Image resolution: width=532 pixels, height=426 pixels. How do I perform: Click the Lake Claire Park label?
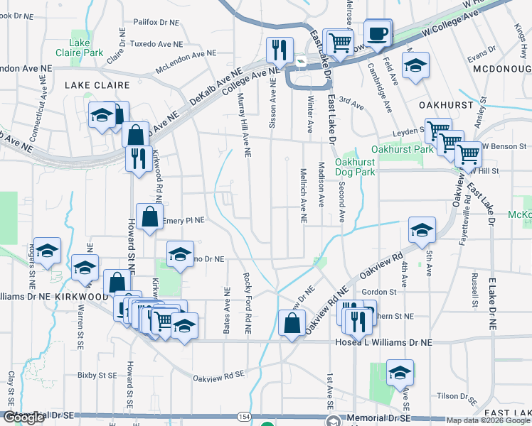click(80, 47)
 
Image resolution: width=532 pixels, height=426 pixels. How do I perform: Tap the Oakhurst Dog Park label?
click(354, 166)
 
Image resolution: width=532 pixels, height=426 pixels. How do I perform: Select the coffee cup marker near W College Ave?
click(378, 32)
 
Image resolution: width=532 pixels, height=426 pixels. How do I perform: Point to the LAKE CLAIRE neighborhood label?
click(97, 85)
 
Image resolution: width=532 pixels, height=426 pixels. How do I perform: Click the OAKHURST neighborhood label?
click(446, 104)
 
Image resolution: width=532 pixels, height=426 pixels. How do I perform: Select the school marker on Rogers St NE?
click(48, 251)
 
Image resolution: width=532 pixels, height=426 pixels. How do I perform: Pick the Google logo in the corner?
click(23, 418)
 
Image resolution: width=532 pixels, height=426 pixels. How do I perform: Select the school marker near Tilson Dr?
click(400, 372)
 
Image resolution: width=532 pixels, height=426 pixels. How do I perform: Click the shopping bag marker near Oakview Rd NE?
click(292, 323)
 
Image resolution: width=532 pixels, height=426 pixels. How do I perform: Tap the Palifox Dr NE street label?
click(156, 23)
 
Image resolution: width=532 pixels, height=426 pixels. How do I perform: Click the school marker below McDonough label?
click(415, 65)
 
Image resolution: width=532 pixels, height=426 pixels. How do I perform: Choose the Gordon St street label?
click(378, 292)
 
